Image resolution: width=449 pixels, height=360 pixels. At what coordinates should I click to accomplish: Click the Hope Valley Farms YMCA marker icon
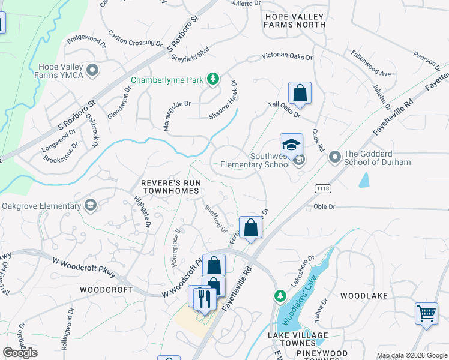click(x=92, y=71)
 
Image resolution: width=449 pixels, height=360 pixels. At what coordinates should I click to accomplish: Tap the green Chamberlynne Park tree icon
click(x=212, y=79)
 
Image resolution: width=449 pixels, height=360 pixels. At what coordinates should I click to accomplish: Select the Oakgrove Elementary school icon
click(x=90, y=206)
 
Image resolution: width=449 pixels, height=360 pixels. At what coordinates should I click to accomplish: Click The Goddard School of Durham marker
click(x=334, y=157)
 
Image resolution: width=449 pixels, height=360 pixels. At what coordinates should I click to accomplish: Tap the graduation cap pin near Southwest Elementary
click(x=291, y=146)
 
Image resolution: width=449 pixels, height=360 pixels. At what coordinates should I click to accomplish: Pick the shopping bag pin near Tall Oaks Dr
click(x=300, y=94)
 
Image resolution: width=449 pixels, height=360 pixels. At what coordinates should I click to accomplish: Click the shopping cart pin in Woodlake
click(x=426, y=314)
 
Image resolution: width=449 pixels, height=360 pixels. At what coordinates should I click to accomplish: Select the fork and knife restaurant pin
click(x=205, y=298)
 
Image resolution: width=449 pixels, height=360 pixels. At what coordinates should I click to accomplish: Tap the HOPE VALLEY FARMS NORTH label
click(x=295, y=20)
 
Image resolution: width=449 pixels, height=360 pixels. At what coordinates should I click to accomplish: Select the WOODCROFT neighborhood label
click(x=106, y=289)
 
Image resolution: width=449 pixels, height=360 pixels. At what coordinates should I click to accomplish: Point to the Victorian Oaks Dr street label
click(x=287, y=58)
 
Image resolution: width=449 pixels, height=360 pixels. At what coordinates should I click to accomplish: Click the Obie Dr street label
click(x=324, y=206)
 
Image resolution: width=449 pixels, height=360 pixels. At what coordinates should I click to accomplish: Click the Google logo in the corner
click(x=20, y=352)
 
